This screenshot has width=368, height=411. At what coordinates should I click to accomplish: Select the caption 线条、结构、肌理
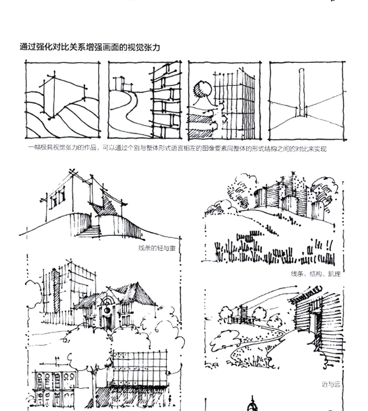[x=315, y=274]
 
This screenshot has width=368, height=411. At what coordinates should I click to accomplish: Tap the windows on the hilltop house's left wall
[x=57, y=197]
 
